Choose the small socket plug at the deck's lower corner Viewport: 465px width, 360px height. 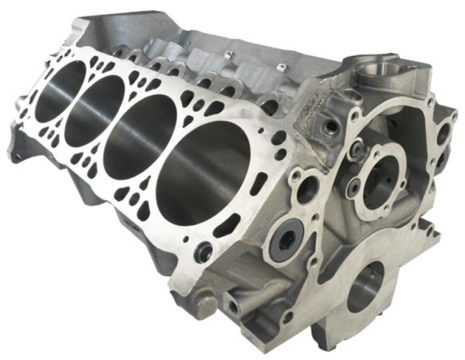204,252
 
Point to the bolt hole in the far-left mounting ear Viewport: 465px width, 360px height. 19,156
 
